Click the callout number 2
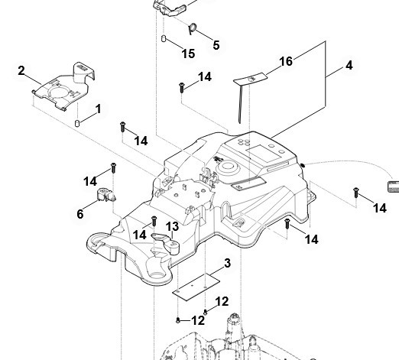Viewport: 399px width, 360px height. point(21,70)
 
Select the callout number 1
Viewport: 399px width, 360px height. point(99,109)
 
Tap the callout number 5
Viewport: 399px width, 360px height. point(216,45)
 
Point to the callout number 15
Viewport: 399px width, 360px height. point(188,54)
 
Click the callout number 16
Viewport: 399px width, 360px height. point(286,61)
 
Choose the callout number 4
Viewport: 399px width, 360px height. point(349,65)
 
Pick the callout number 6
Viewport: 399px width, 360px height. point(80,214)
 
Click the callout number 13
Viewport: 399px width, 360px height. point(172,226)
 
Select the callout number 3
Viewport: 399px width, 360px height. point(227,263)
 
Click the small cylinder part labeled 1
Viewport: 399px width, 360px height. point(77,123)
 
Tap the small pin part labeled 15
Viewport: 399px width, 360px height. point(164,38)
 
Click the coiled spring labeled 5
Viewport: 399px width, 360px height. point(192,28)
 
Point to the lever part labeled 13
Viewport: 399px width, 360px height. point(167,243)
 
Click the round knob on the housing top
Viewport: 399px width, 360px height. point(228,167)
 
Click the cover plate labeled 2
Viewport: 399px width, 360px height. point(63,87)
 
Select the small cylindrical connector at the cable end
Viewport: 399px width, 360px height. point(393,186)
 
